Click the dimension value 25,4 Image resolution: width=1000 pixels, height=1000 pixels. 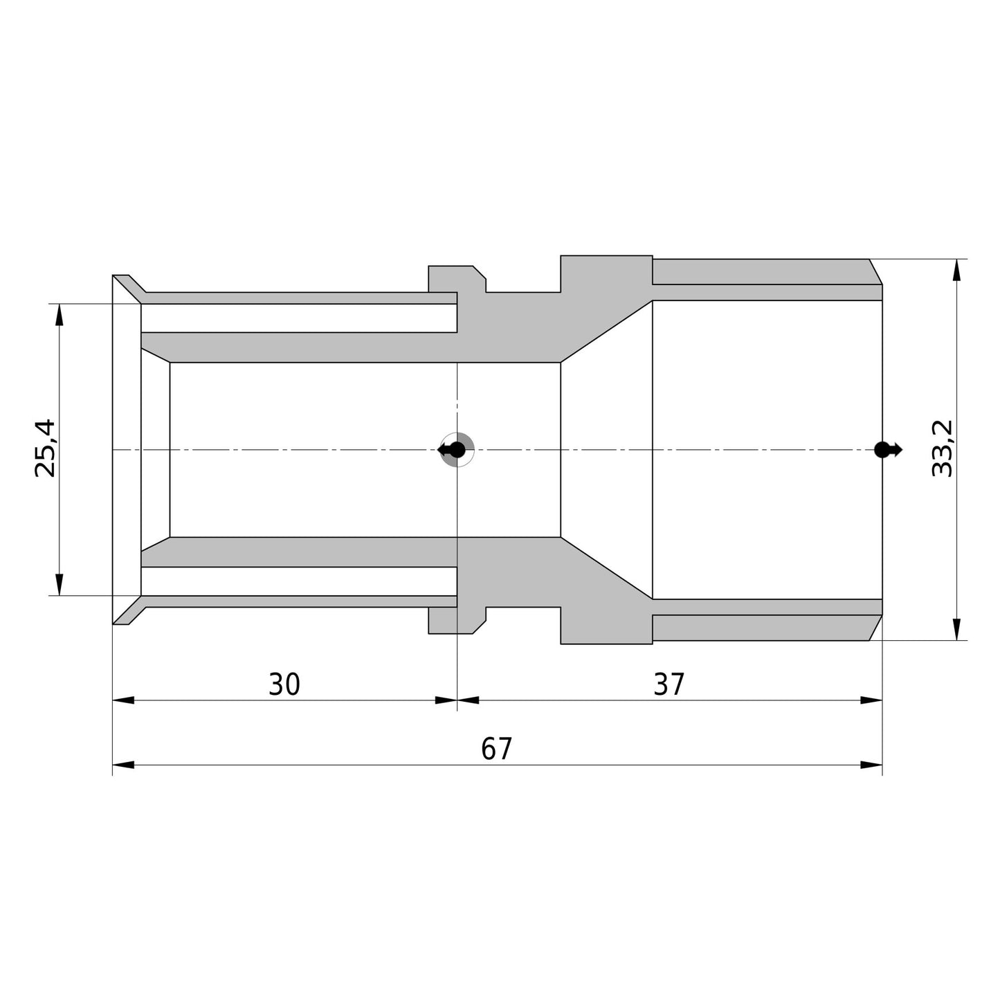coord(44,448)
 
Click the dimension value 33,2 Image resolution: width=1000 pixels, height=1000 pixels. coord(941,448)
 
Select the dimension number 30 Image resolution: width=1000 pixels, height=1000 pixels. coord(284,684)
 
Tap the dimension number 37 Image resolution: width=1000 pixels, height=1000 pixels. coord(669,684)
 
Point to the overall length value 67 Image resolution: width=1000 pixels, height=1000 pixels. coord(497,748)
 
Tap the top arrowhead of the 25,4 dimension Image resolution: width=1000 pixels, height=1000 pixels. coord(59,314)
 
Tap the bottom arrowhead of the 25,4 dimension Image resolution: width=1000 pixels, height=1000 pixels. coord(59,584)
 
